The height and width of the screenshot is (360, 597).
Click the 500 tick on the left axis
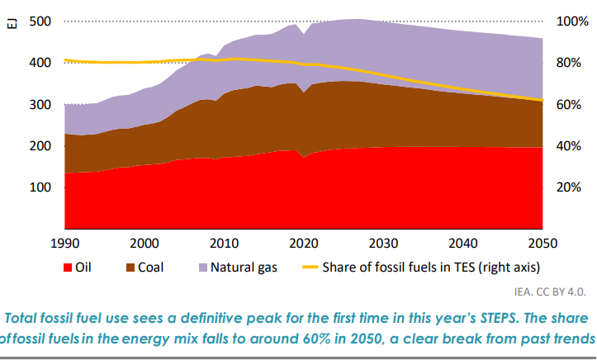[40, 21]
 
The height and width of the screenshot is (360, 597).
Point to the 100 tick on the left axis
[40, 187]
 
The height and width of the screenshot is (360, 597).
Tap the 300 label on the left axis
[40, 105]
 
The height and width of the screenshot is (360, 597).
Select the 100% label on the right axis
[571, 21]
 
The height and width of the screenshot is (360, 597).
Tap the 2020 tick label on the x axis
[305, 244]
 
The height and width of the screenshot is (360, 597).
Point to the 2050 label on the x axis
[543, 244]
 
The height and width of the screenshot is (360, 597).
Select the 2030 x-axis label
[384, 244]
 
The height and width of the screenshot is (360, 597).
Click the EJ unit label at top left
[11, 24]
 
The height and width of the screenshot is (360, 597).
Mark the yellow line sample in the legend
[310, 268]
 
